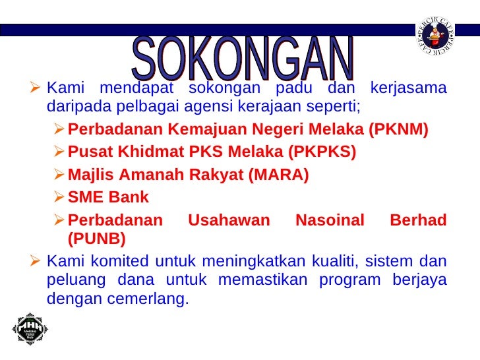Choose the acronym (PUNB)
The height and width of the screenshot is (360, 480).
(x=97, y=237)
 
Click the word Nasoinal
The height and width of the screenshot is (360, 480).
(x=330, y=220)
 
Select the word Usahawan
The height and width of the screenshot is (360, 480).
(x=229, y=220)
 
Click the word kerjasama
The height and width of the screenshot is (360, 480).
(x=409, y=88)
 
